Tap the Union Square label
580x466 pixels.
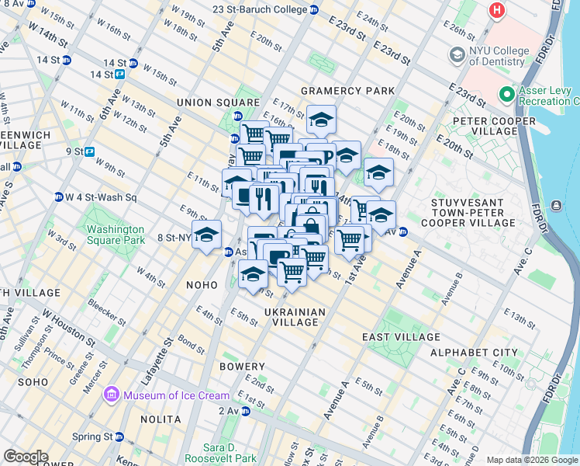tap(218, 103)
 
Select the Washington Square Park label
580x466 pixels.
tap(116, 235)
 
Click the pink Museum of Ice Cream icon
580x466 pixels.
tap(110, 395)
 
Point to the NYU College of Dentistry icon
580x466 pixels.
tap(456, 56)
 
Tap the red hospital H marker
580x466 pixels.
tap(495, 11)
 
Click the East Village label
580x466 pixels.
tap(401, 337)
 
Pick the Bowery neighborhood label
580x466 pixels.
tap(241, 365)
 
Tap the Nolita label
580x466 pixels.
tap(161, 419)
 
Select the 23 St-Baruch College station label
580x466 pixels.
tap(260, 10)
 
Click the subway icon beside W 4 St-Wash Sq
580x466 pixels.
tap(58, 196)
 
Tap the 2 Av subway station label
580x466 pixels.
tap(229, 410)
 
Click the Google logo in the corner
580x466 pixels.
tap(26, 456)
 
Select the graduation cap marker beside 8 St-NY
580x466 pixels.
tap(206, 235)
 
